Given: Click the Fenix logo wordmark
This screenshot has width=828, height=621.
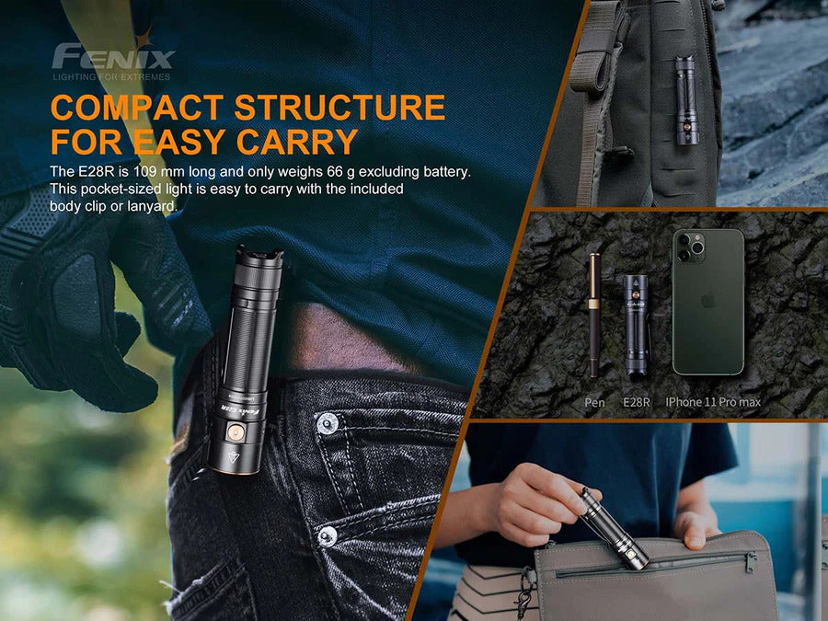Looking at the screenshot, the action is pos(113,55).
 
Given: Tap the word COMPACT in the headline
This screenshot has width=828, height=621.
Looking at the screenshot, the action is pos(137,108).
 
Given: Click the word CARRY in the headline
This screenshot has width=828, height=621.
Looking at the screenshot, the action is pos(297,142).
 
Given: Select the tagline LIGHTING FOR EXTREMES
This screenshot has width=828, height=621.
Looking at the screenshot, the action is pos(111,77).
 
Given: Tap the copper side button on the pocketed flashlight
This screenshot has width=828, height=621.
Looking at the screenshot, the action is pos(235,432).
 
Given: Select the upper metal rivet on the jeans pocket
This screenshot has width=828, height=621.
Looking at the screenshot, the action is pos(327,423).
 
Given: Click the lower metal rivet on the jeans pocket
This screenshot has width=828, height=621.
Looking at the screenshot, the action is pos(328,536).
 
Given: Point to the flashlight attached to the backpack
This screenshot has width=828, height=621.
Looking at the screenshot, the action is pos(687,100).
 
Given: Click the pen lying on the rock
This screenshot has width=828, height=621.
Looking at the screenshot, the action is pos(594,315).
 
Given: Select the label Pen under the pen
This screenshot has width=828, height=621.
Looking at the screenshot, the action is pos(594,402).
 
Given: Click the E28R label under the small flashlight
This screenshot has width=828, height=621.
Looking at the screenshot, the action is pos(637,402).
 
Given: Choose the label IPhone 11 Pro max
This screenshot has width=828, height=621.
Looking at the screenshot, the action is pos(713,402).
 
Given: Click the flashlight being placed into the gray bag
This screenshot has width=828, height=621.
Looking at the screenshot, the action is pos(615,529).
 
